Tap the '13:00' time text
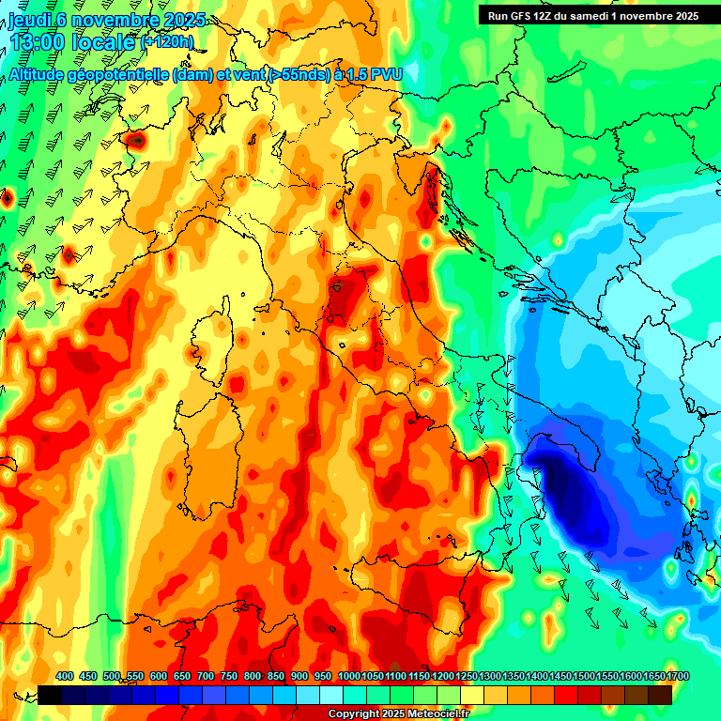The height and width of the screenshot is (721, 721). (x=38, y=41)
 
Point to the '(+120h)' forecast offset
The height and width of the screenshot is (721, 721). (x=168, y=41)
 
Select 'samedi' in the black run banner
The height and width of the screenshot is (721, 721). (x=589, y=15)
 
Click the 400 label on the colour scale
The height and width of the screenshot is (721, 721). (x=65, y=677)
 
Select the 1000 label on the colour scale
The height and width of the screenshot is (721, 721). (x=348, y=677)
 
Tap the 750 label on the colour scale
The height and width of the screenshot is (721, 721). (x=229, y=677)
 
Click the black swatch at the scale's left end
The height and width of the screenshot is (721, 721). (x=50, y=695)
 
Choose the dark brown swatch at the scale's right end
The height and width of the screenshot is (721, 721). (x=660, y=695)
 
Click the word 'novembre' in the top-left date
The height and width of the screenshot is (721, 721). (x=104, y=21)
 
